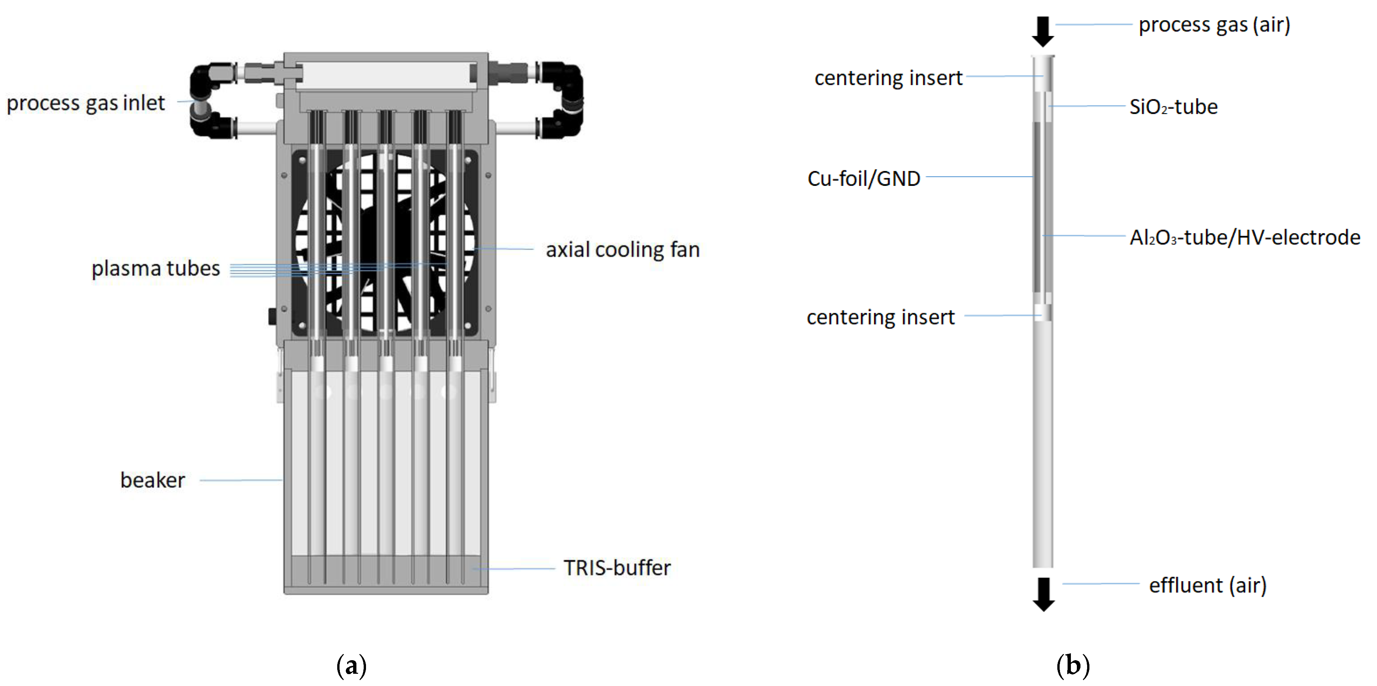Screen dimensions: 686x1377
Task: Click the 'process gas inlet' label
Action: click(85, 103)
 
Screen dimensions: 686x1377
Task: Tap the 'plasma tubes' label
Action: click(156, 269)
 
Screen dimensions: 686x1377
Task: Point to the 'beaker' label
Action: click(152, 480)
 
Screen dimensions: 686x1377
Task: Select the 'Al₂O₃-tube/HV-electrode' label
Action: click(1244, 237)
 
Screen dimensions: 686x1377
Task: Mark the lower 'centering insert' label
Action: click(880, 317)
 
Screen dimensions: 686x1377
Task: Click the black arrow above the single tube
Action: click(1043, 31)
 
